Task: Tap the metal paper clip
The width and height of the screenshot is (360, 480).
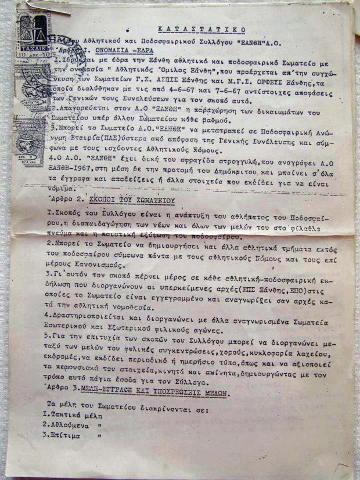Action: coord(44,7)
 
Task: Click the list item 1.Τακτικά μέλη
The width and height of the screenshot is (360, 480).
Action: coord(74,416)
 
